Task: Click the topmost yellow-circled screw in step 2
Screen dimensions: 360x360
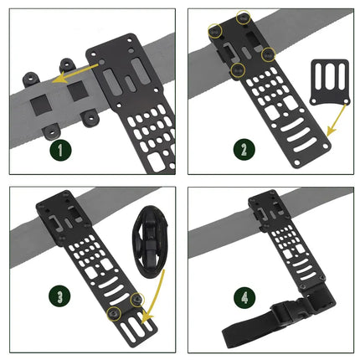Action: coord(244,17)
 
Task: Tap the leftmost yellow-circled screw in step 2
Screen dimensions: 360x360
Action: coord(214,31)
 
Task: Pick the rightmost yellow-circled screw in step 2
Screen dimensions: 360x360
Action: coord(268,54)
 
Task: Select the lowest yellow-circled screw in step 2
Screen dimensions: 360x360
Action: coord(239,69)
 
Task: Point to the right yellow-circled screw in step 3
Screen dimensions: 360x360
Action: coord(138,298)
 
